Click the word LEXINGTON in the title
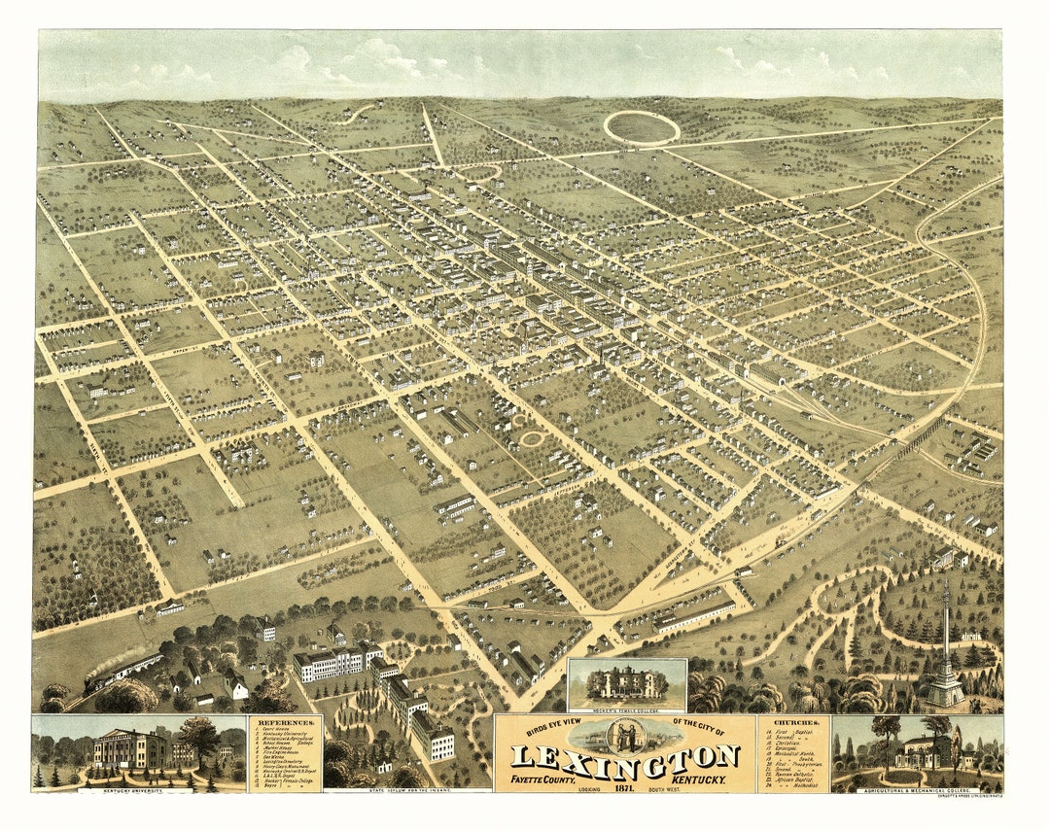tap(625, 756)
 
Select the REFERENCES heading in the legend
tap(285, 724)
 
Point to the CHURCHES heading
tap(793, 723)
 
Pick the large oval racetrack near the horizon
tap(642, 127)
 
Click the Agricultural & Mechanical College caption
tap(917, 790)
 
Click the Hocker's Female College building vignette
tap(627, 683)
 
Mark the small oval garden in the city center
tap(531, 438)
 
